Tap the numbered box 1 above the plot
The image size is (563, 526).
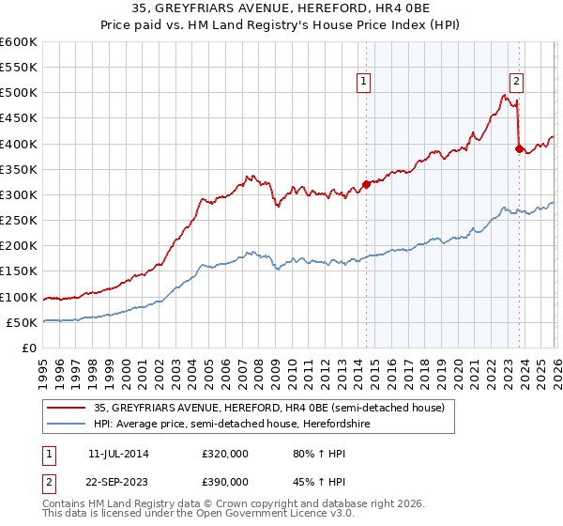364,82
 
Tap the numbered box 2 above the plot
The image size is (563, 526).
516,82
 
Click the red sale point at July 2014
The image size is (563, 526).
366,184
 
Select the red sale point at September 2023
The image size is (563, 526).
519,148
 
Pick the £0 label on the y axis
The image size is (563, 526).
28,348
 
